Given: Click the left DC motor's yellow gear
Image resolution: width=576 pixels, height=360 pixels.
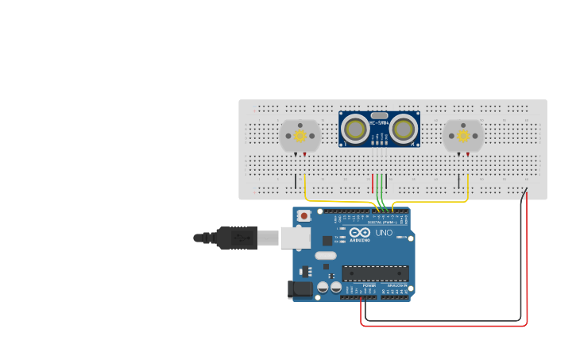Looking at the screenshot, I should [300, 136].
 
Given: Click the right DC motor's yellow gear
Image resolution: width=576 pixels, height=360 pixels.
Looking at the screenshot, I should [464, 136].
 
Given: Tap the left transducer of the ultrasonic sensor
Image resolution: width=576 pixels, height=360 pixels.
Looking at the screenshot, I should [356, 129].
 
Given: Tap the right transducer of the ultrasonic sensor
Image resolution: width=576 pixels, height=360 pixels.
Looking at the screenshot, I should [403, 129].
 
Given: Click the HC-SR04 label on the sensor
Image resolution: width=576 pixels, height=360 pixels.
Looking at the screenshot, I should [380, 122].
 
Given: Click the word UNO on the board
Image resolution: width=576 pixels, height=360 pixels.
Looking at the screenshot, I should [384, 233].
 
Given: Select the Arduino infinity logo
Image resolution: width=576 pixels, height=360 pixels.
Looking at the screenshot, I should [360, 233].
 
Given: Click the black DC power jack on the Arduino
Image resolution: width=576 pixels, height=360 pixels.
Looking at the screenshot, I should [300, 290].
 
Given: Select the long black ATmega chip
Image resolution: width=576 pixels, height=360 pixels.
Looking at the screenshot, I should [375, 273].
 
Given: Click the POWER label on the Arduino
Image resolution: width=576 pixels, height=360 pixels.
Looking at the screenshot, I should [369, 285].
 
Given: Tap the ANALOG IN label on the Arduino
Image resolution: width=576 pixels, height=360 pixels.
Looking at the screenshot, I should [396, 285].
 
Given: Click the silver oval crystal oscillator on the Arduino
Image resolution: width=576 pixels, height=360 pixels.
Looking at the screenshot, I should [325, 256].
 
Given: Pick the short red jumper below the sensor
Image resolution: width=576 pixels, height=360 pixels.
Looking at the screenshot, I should [373, 184].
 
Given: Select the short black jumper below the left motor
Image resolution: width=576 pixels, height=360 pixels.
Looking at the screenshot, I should [296, 181].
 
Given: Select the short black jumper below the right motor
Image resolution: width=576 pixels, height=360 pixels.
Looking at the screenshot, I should [458, 181].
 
